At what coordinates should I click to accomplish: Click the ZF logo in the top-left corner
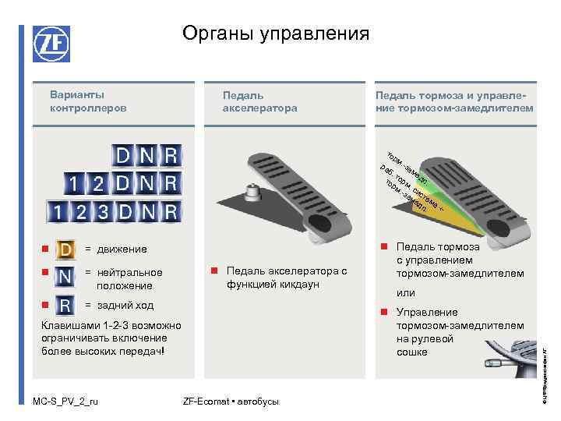[51, 44]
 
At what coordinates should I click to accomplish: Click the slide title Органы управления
[276, 34]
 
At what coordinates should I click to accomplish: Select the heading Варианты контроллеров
[77, 101]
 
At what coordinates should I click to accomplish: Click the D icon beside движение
[67, 249]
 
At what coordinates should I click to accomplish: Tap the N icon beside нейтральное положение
[67, 276]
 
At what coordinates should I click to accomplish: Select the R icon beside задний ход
[67, 304]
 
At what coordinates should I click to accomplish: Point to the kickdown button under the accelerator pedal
[252, 191]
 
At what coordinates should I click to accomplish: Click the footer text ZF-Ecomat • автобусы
[231, 402]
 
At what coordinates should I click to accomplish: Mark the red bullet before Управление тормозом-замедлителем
[384, 312]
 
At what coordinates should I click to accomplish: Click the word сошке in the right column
[412, 352]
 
